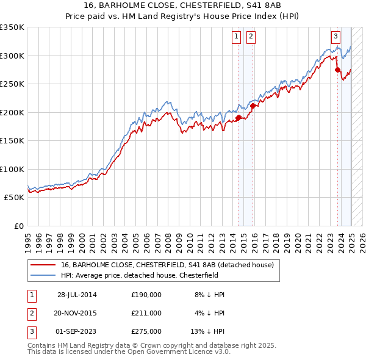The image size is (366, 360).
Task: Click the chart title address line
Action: [x=183, y=6]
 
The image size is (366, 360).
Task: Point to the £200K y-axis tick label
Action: [x=12, y=112]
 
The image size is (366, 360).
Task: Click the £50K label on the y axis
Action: [x=15, y=198]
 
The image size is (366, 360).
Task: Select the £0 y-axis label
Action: [x=18, y=226]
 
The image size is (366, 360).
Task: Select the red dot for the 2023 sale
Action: [x=337, y=70]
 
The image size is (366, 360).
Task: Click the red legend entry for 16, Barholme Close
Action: [x=171, y=265]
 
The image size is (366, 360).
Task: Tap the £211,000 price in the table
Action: [x=146, y=313]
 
